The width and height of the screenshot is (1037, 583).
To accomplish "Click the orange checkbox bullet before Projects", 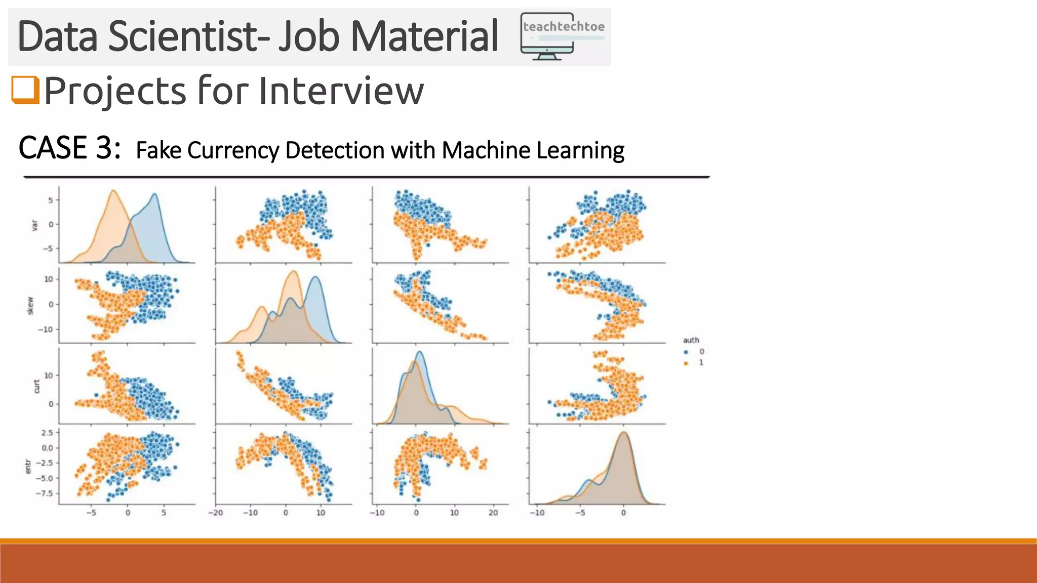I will pos(25,90).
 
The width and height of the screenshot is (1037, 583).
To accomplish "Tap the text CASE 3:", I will pos(69,148).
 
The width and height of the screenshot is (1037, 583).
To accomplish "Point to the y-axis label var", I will pos(34,225).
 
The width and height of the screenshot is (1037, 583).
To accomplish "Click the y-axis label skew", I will pos(30,306).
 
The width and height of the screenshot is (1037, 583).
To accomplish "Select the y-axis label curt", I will pos(36,386).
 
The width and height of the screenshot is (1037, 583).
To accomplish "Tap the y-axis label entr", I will pos(28,467).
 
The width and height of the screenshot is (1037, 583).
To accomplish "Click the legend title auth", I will pos(691,340).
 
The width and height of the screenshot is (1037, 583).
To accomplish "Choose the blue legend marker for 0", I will pos(687,352).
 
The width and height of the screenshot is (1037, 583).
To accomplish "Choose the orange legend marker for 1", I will pos(687,363).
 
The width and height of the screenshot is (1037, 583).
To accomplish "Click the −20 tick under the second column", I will pos(216,513).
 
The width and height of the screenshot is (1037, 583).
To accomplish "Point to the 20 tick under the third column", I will pos(493,513).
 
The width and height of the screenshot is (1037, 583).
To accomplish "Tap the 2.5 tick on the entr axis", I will pos(47,433).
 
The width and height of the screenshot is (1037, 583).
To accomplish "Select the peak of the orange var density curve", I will pos(113,191).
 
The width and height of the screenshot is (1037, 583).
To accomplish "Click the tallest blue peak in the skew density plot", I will pos(315,277).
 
